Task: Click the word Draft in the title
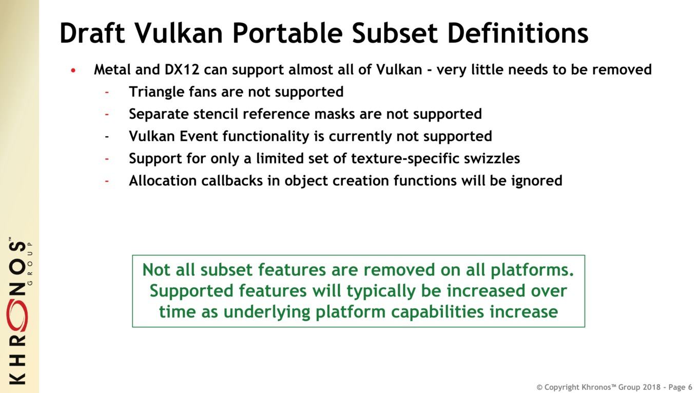point(92,33)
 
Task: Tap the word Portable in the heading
point(287,33)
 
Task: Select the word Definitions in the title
point(517,33)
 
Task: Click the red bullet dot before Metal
point(73,70)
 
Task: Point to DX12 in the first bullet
point(182,69)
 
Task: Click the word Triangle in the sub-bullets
point(157,92)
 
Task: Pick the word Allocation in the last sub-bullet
point(163,181)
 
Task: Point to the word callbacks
point(232,181)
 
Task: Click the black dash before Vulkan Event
point(107,137)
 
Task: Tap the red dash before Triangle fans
point(107,92)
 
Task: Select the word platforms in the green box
point(532,270)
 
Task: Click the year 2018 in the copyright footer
point(652,387)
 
